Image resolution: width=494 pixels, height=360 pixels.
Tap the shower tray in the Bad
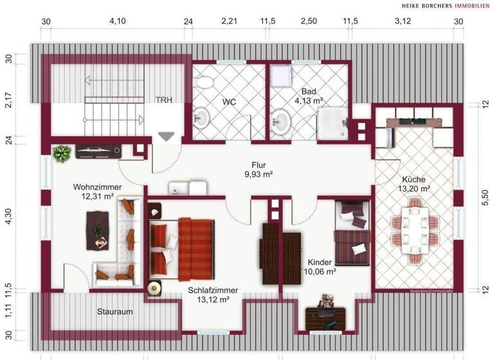pyautogui.click(x=333, y=123)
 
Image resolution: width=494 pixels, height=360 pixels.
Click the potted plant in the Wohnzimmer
pyautogui.click(x=62, y=154)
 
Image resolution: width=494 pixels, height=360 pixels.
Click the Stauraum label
pyautogui.click(x=115, y=312)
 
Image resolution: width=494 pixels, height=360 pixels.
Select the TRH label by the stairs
pyautogui.click(x=169, y=100)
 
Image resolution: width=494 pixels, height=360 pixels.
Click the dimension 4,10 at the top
pyautogui.click(x=117, y=21)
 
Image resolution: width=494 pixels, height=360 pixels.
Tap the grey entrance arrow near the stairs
pyautogui.click(x=167, y=136)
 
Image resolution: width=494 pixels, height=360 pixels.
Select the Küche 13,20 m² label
pyautogui.click(x=416, y=184)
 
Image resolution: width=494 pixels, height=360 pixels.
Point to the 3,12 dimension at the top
pyautogui.click(x=403, y=21)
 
